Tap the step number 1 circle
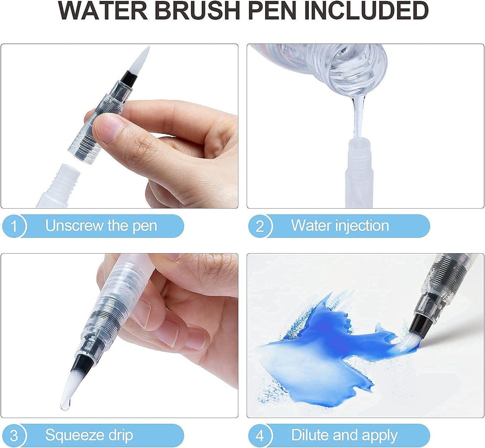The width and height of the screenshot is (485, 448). click(x=14, y=226)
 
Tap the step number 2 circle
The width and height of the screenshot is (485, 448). click(x=260, y=226)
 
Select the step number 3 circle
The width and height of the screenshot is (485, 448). click(x=14, y=436)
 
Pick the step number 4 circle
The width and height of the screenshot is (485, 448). click(x=260, y=436)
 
